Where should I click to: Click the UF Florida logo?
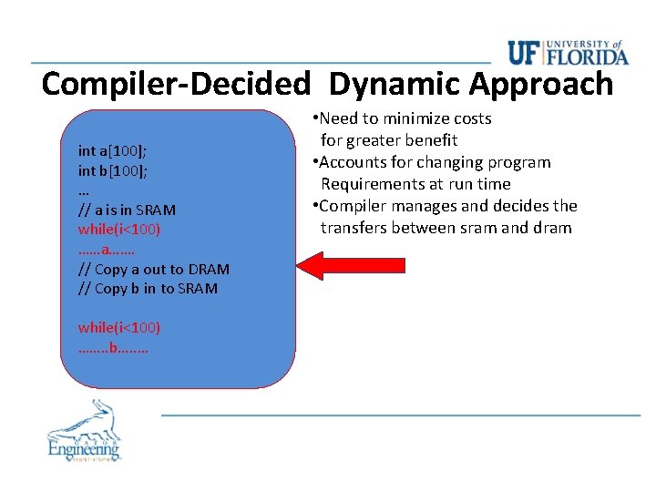click(568, 53)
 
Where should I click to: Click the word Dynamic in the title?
click(395, 84)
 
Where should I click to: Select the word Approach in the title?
click(541, 84)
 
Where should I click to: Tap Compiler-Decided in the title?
click(176, 84)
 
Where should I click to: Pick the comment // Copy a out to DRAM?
click(154, 269)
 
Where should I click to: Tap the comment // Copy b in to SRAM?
click(148, 289)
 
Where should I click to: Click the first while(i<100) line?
click(119, 230)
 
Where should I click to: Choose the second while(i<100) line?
click(119, 327)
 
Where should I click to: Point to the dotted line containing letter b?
click(114, 347)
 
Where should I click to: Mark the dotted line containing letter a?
click(107, 250)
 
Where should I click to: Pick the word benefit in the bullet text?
click(427, 140)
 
